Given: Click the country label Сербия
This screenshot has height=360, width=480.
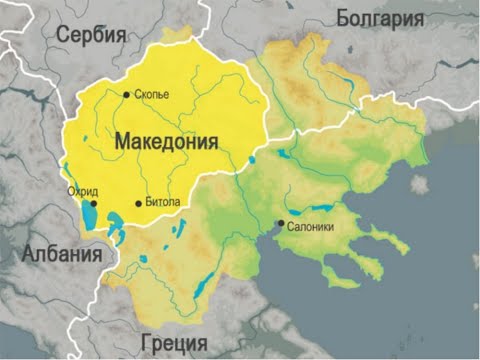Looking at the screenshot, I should click(x=91, y=35).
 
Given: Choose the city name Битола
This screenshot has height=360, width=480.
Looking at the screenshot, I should click(x=163, y=203).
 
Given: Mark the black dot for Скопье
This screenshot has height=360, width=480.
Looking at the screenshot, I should click(x=126, y=95).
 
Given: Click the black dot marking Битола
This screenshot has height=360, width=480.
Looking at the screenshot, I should click(x=139, y=204).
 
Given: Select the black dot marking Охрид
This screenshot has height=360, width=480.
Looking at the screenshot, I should click(x=93, y=202).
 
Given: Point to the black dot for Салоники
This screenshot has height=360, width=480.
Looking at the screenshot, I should click(x=281, y=223).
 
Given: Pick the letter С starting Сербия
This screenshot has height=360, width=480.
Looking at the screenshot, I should click(x=63, y=35).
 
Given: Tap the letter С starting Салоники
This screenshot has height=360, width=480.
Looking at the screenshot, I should click(x=290, y=227).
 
